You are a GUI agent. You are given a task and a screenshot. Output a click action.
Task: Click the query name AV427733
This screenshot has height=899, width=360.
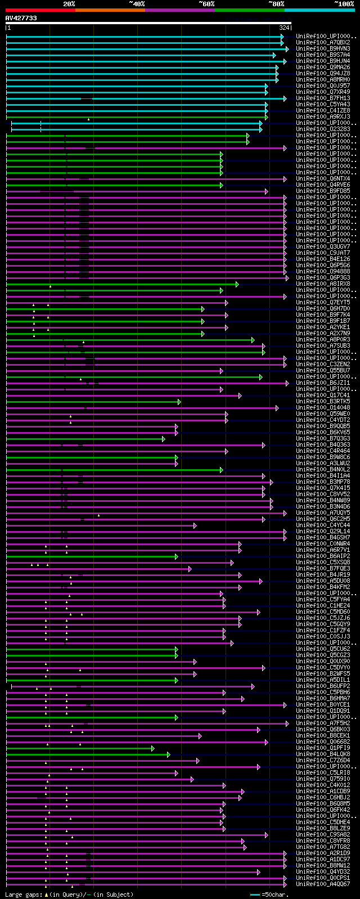[21, 18]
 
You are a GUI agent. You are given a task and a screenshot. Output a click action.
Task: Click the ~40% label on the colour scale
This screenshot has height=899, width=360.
[137, 4]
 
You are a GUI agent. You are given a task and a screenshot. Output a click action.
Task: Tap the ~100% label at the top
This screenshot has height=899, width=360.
[344, 4]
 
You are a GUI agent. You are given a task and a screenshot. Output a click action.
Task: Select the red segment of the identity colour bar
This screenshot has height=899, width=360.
[40, 10]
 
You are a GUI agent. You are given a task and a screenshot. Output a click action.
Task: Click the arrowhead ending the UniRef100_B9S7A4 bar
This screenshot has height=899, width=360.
[274, 55]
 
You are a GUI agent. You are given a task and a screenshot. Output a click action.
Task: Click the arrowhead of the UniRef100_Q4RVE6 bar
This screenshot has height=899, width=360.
[222, 185]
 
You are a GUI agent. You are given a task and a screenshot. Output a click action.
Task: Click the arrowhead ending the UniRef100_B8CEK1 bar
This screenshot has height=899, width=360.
[200, 736]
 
